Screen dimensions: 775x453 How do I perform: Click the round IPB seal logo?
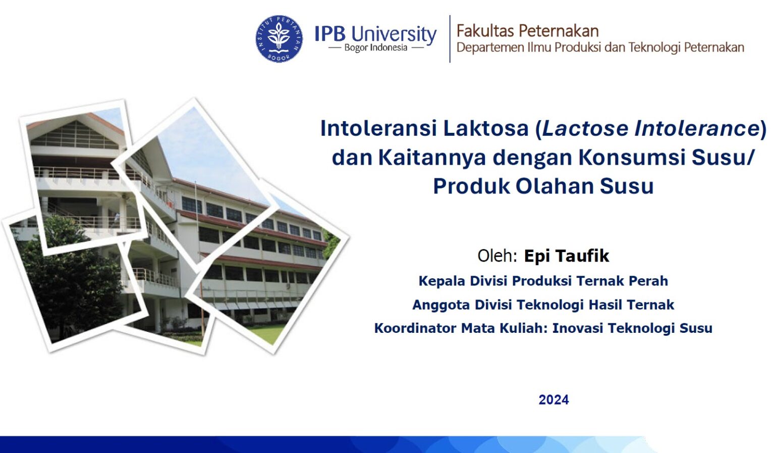click(279, 39)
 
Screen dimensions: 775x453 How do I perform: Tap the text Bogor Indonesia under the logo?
click(376, 48)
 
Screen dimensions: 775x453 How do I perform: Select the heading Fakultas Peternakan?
click(527, 31)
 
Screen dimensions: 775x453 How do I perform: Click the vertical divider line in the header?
click(450, 39)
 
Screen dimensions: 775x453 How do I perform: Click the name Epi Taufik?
click(567, 256)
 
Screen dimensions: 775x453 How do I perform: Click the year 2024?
click(553, 399)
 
